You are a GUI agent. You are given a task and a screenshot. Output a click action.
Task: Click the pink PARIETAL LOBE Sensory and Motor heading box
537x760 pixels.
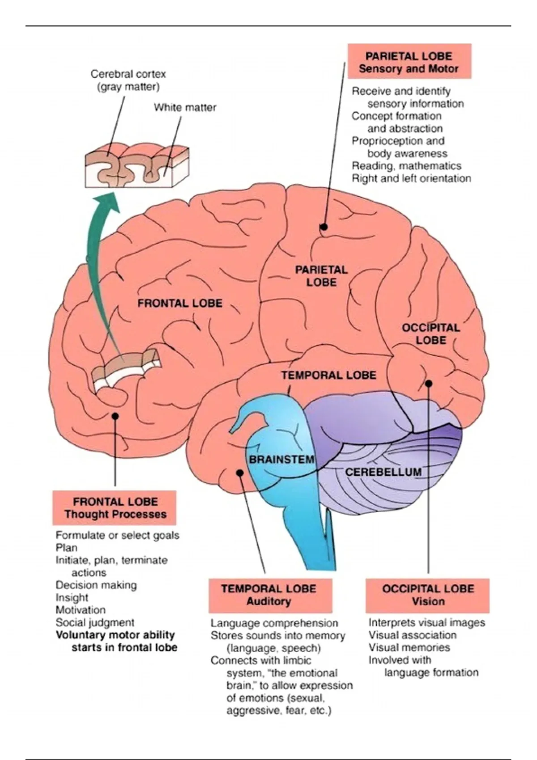coord(409,62)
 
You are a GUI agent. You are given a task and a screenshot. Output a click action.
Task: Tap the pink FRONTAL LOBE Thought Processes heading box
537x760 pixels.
coord(115,508)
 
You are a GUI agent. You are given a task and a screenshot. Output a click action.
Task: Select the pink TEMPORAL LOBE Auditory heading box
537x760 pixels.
coord(269,595)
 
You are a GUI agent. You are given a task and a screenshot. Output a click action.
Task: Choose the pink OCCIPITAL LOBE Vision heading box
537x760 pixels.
coord(428,595)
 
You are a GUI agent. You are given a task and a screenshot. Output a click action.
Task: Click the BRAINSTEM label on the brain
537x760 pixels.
coord(281,459)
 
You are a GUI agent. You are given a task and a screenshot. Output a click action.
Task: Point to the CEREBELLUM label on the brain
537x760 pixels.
coord(383,472)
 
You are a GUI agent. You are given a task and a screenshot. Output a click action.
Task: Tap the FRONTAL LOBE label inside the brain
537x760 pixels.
coord(180,303)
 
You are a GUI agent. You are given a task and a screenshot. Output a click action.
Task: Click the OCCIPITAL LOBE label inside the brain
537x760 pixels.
coord(430,334)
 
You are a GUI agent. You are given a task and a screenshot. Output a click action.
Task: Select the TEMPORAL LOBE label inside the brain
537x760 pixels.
coord(329,375)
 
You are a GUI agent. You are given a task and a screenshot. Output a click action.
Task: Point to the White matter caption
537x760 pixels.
coord(185,107)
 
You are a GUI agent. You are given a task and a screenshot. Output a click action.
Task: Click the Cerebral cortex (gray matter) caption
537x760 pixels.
coord(128,80)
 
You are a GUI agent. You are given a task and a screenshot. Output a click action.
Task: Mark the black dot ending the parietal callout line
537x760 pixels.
coord(324,227)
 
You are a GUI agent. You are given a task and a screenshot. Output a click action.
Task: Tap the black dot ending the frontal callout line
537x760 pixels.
coord(115,416)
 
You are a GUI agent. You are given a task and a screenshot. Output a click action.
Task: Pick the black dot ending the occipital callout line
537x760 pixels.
coord(428,383)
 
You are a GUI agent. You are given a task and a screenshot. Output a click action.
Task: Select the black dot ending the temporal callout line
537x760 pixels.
coord(240,473)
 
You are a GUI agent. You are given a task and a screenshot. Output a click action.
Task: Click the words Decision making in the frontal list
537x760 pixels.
coord(96,585)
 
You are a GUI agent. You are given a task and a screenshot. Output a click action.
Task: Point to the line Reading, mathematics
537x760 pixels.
coord(406,166)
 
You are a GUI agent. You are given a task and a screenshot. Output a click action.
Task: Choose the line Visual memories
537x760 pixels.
coord(409,647)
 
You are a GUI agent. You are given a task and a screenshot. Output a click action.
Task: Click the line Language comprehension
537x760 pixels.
coord(274,623)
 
